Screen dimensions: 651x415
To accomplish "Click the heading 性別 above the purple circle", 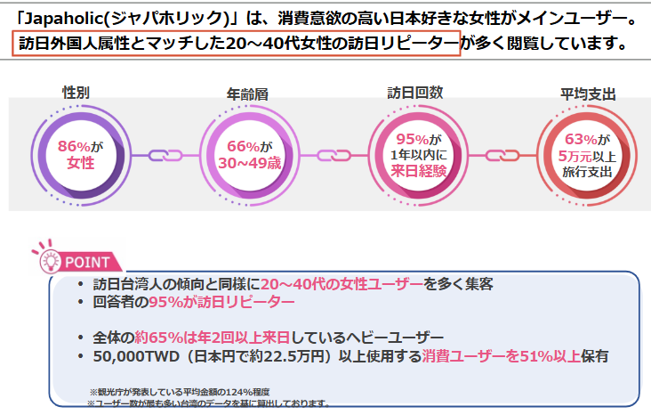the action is tap(76, 92).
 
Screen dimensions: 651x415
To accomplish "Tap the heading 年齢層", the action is tap(247, 94).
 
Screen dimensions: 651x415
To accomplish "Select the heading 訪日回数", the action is tap(415, 93).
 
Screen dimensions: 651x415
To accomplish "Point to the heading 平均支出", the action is tap(588, 94).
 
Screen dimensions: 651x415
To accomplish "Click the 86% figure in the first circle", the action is tap(74, 146).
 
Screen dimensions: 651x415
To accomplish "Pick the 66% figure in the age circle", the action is tap(243, 146).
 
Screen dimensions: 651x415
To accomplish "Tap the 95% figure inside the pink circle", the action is tap(413, 139).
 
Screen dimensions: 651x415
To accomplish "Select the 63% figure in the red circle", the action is tap(582, 139).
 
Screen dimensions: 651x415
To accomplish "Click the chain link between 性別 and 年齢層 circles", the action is tap(165, 156).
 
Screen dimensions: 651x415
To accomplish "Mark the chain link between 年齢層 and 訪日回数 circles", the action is tap(334, 156).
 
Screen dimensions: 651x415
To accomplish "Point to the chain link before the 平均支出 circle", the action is tap(502, 156).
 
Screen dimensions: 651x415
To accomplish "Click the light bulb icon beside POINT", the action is tap(50, 261).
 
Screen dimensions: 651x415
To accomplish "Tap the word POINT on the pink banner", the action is tap(87, 263).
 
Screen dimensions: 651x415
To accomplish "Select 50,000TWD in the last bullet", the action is tap(136, 356).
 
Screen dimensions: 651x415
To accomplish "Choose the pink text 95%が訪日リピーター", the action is tap(221, 302).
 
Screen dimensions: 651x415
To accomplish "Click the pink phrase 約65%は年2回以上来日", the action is tap(213, 338).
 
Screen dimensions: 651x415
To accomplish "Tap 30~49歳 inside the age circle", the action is tap(250, 163).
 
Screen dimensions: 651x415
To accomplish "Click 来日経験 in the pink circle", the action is tap(419, 171).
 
